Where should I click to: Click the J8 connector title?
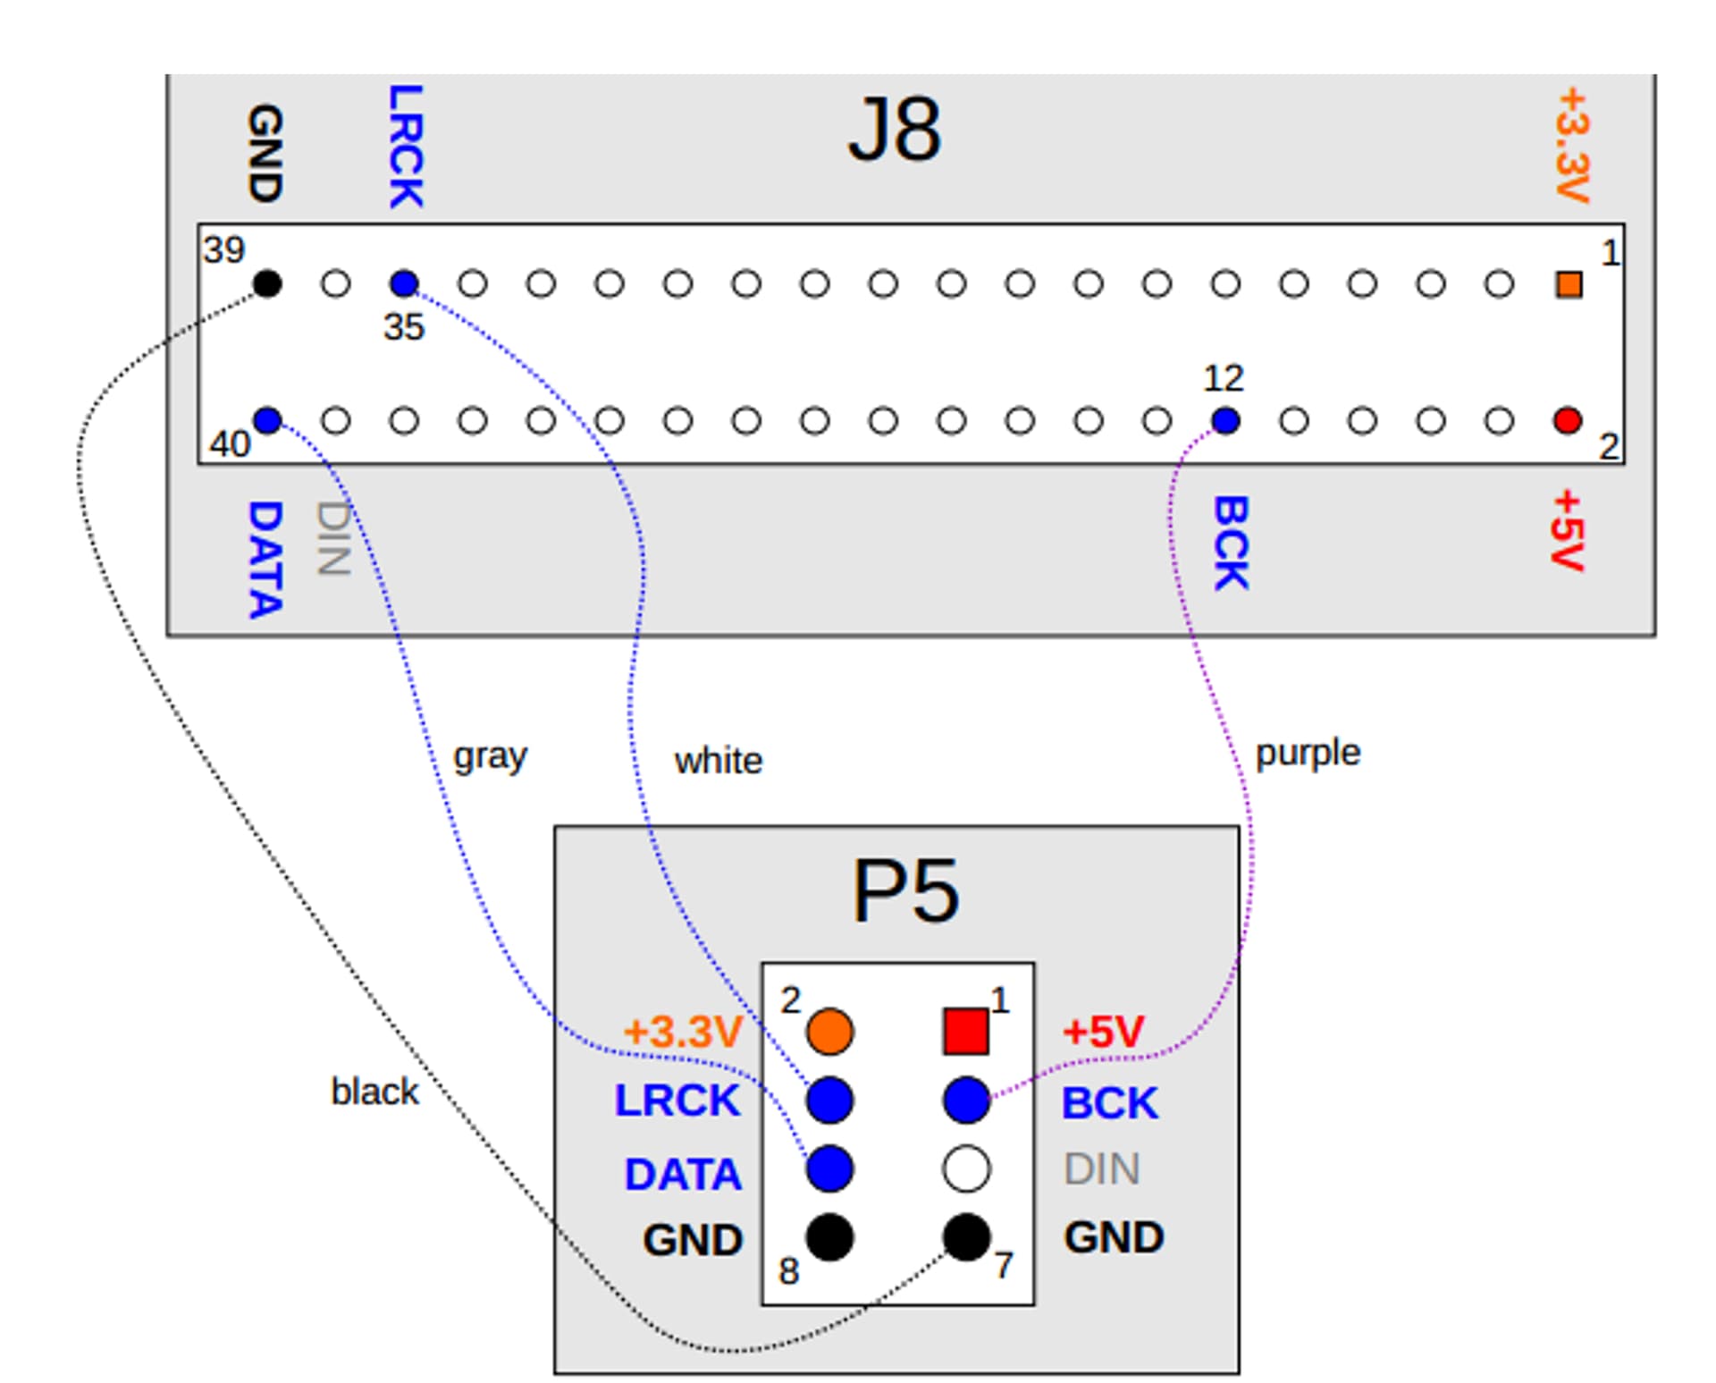tap(894, 131)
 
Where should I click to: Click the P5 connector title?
tap(904, 891)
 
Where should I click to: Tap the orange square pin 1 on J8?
tap(1569, 284)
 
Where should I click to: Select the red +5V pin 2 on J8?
tap(1568, 420)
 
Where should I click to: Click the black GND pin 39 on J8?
tap(267, 284)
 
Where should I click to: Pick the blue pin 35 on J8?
tap(404, 284)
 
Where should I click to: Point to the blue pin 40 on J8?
tap(267, 420)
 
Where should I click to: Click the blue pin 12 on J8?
tap(1225, 420)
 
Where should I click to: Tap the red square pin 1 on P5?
tap(966, 1032)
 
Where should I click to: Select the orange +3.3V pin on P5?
tap(829, 1032)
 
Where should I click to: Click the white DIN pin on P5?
tap(966, 1168)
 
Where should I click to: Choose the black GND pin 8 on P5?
tap(829, 1237)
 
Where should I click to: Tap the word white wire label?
tap(719, 762)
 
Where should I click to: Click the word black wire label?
tap(374, 1092)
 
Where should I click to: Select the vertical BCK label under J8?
tap(1231, 543)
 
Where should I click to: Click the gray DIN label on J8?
tap(333, 537)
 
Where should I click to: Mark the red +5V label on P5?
tap(1103, 1033)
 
